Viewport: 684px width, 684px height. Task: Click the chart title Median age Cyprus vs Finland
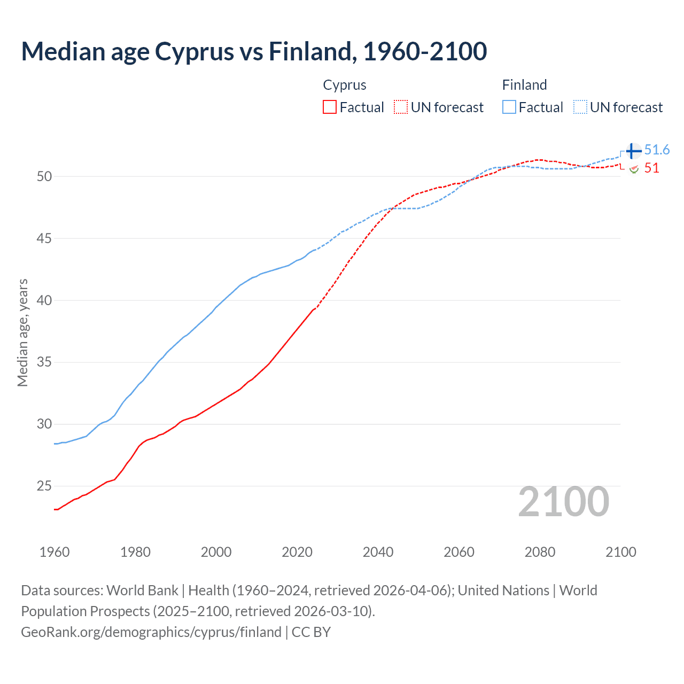tap(254, 51)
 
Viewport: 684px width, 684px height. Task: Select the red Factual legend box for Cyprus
tap(330, 107)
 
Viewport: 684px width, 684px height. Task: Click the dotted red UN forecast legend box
tap(401, 107)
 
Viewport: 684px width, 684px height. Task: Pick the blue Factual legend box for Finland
tap(509, 107)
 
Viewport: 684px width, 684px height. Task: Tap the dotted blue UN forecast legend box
tap(580, 107)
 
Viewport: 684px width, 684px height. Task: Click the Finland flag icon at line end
tap(633, 151)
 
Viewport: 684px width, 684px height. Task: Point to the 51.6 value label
tap(657, 150)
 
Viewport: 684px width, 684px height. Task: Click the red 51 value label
tap(651, 168)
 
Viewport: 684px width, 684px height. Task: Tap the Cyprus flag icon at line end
tap(634, 169)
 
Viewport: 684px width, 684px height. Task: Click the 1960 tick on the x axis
tap(55, 552)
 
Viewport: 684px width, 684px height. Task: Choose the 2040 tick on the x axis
tap(378, 552)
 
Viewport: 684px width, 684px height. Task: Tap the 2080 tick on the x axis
tap(540, 552)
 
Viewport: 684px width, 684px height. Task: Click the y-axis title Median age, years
tap(22, 332)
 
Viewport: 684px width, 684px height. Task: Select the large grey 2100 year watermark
tap(563, 502)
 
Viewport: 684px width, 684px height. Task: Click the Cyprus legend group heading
tap(345, 85)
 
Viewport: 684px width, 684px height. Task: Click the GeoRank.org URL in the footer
tap(151, 632)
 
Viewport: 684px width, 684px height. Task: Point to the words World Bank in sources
tap(142, 590)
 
